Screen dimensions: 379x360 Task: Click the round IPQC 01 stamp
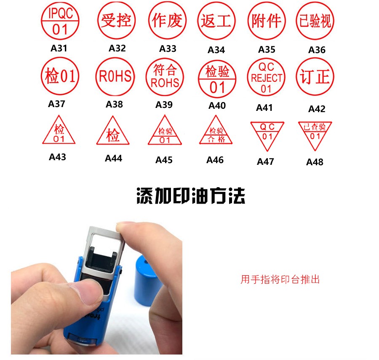60,21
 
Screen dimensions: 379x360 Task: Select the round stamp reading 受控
116,20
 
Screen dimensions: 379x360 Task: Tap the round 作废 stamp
167,20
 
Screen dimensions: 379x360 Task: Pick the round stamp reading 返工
216,21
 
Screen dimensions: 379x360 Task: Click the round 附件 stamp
267,21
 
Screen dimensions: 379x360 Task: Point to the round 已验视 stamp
315,21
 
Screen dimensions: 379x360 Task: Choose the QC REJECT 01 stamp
267,77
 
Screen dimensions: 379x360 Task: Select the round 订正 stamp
315,76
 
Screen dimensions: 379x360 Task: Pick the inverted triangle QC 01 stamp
267,135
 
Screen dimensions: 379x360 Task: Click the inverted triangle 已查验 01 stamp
315,135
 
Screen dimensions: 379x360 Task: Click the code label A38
114,105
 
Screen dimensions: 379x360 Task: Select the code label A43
57,157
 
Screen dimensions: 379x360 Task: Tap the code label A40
217,105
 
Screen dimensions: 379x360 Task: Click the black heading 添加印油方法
191,196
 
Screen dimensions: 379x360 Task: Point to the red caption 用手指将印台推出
280,279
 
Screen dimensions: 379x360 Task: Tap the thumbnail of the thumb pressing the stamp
97,288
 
